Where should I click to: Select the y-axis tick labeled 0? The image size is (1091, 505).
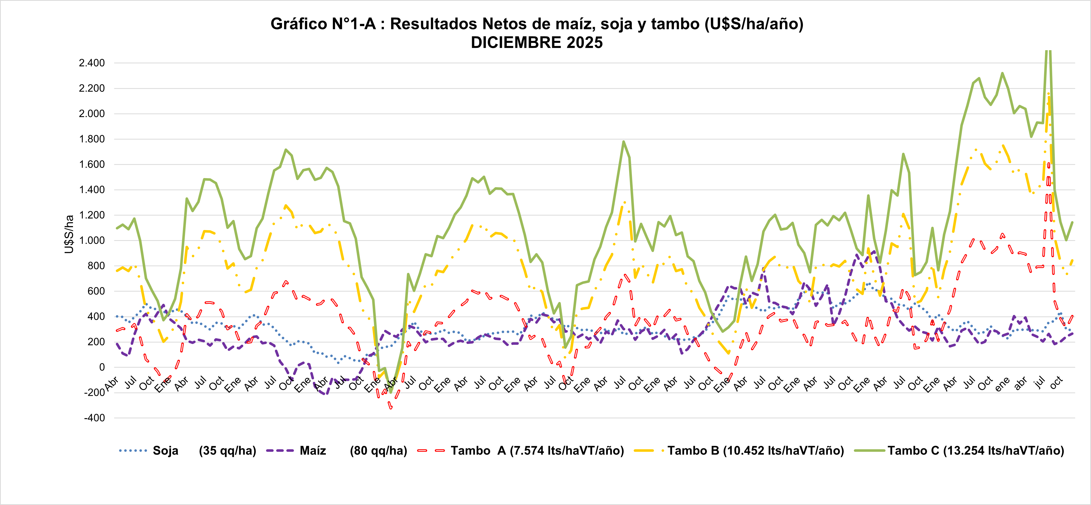[102, 368]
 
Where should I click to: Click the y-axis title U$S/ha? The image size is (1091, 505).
[69, 234]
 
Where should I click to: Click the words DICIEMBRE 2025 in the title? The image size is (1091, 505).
[537, 43]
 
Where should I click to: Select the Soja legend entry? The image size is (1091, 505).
[165, 451]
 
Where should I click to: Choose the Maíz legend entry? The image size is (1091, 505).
[313, 451]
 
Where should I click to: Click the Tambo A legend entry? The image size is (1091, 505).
[537, 451]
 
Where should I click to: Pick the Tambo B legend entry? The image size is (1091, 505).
[756, 451]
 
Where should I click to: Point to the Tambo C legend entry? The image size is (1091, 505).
[976, 451]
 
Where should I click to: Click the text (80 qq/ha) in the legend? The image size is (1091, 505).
[378, 451]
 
